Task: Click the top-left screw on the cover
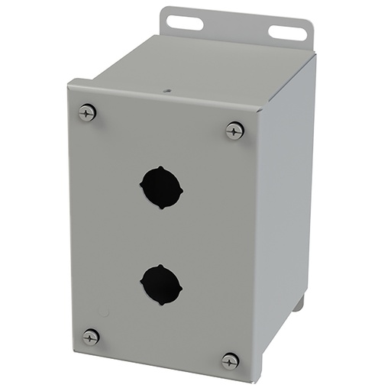[87, 113]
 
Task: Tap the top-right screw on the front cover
[235, 131]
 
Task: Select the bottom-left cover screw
[91, 336]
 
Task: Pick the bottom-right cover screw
[230, 360]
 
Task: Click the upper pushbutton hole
[161, 186]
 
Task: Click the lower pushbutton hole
[161, 285]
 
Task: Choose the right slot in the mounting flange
[285, 33]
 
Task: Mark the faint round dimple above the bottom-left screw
[104, 312]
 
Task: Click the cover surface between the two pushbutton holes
[161, 235]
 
